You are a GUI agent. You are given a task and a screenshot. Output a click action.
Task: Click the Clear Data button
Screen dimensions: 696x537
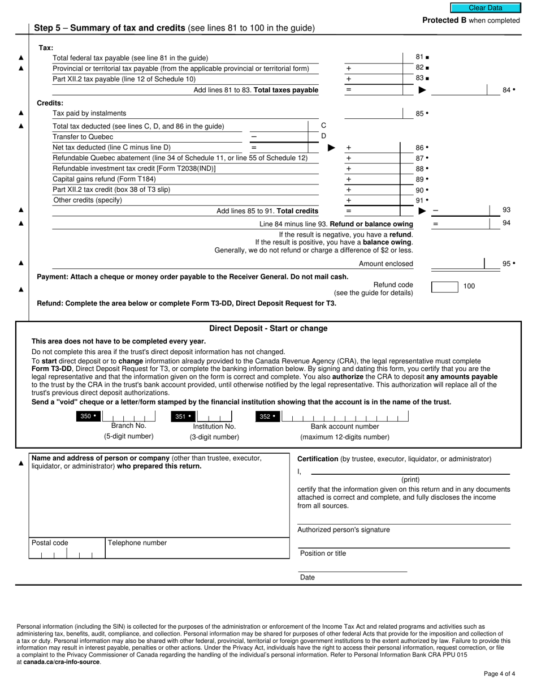485,8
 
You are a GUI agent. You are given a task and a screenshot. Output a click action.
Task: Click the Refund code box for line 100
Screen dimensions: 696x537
444,287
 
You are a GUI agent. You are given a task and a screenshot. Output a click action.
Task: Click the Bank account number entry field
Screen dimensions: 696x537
344,418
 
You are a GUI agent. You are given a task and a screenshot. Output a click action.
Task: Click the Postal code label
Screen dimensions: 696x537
50,543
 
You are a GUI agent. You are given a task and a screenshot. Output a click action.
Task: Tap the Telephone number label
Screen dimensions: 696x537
137,543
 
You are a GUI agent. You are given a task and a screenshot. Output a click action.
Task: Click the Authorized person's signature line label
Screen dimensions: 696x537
343,530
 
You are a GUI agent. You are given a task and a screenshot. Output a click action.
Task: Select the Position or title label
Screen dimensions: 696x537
323,553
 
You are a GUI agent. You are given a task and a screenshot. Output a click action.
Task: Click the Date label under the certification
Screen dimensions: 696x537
308,578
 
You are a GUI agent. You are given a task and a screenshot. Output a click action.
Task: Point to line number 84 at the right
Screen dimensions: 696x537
508,90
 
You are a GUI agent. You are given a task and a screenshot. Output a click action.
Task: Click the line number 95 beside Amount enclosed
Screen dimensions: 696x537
508,264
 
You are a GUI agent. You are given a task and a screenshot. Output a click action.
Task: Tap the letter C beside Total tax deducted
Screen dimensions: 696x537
323,125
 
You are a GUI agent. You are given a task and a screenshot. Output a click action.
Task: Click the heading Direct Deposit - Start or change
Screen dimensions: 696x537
268,329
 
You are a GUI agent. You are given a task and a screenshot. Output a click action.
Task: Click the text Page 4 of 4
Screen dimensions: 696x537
499,674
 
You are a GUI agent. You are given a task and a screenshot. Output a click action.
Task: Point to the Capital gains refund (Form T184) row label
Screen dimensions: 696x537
104,179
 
